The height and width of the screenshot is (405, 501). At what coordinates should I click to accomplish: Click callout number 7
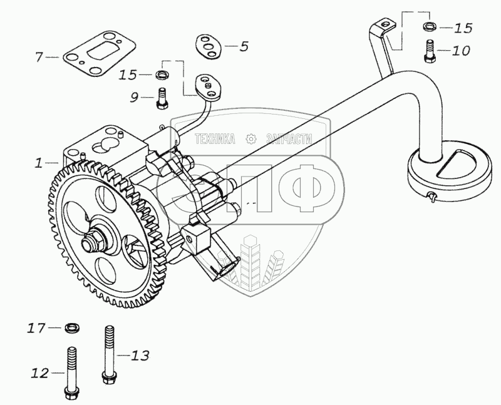pos(39,58)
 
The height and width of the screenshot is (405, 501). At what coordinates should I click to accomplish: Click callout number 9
pos(134,97)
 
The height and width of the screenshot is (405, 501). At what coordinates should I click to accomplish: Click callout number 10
pos(460,50)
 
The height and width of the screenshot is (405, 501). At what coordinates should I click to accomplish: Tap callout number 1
pos(39,163)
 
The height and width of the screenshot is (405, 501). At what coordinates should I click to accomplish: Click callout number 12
pos(39,374)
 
